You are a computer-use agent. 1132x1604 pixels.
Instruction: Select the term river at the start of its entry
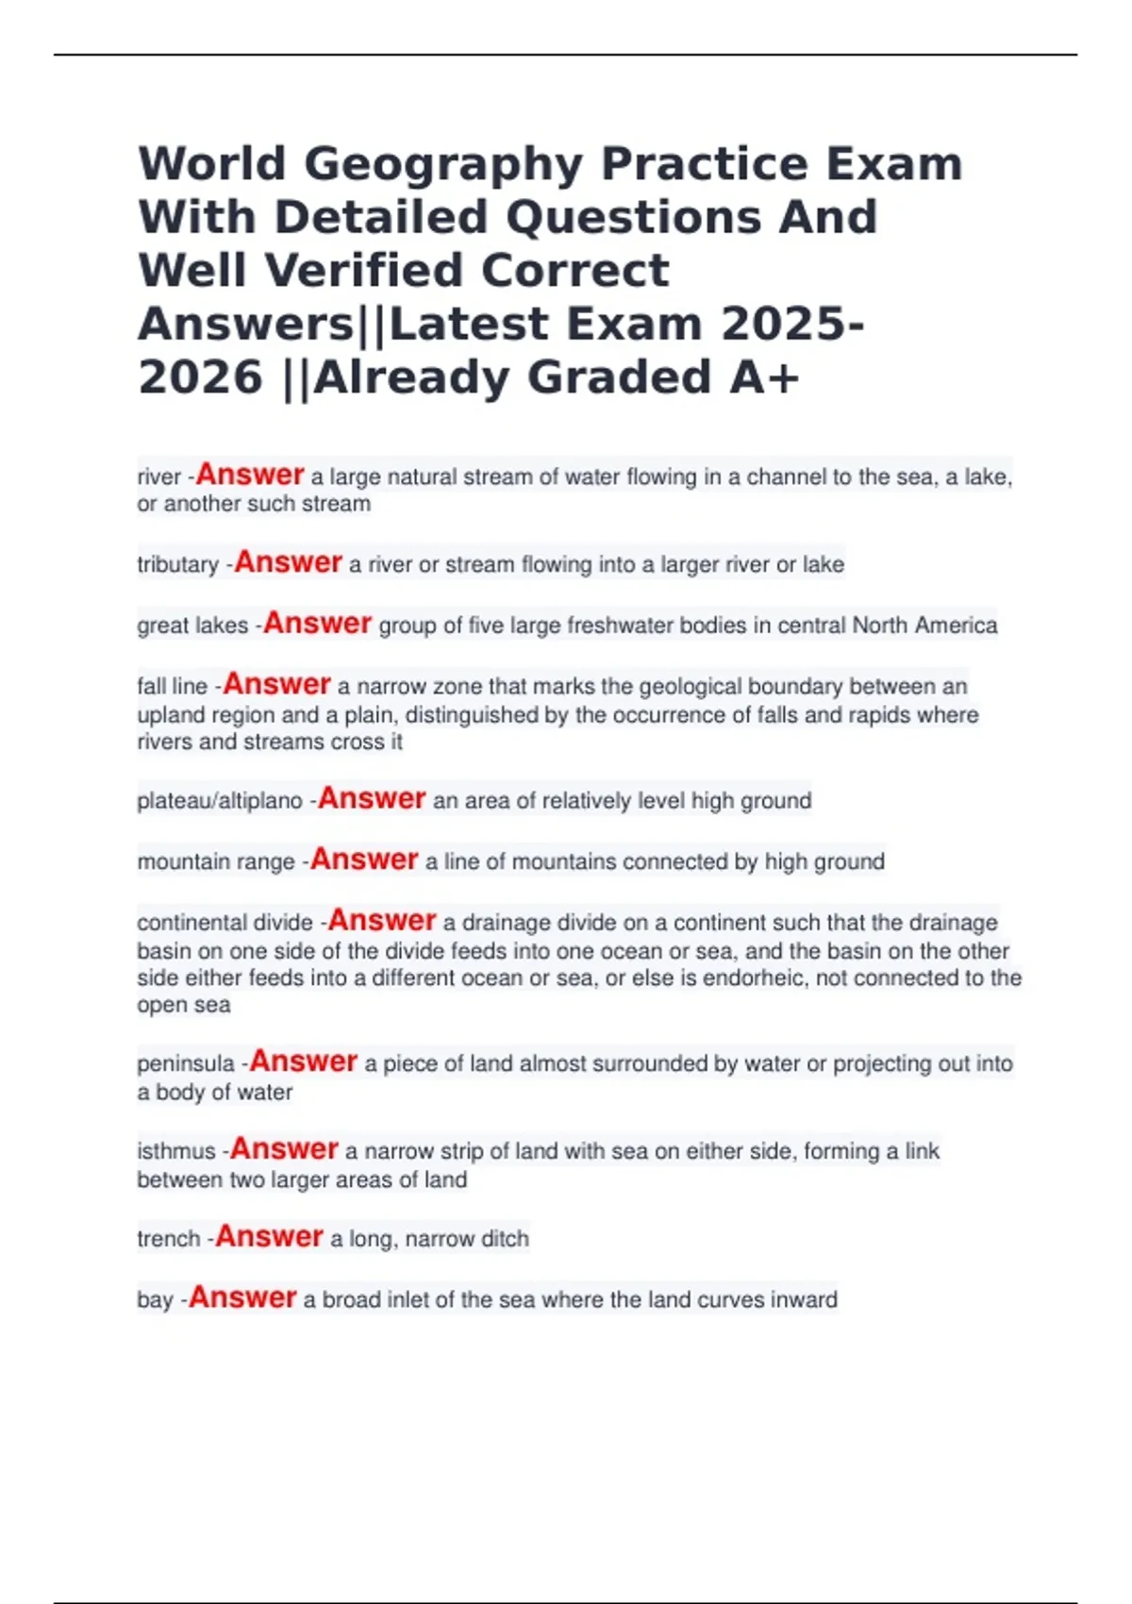pos(158,477)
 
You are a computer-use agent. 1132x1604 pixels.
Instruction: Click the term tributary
pos(177,565)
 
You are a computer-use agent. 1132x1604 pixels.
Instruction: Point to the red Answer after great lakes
pos(317,624)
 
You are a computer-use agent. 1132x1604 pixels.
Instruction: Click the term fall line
pos(172,687)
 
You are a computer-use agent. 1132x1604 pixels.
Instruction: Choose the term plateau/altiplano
pos(220,801)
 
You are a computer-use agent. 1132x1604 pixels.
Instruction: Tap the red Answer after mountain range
pos(364,860)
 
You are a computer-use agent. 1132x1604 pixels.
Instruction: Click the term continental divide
pos(225,923)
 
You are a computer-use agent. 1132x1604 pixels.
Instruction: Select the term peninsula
pos(186,1064)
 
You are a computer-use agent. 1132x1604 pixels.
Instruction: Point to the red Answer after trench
pos(269,1237)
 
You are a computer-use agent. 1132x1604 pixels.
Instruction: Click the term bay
pos(155,1300)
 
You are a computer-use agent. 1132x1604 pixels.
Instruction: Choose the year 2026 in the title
pos(200,377)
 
